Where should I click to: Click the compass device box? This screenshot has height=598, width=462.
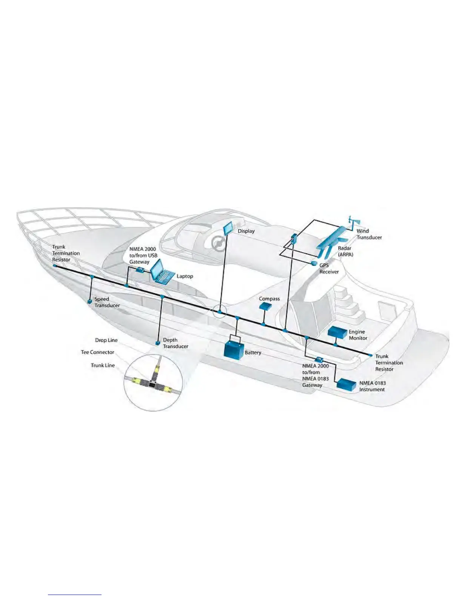(x=265, y=306)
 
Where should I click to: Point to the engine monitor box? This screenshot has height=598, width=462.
(x=337, y=332)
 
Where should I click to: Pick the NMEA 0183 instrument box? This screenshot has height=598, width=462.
(x=346, y=384)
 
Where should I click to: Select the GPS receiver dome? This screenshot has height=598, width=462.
(x=314, y=263)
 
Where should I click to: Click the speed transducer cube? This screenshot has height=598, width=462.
(x=89, y=302)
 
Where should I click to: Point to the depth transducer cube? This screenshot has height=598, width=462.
(x=158, y=343)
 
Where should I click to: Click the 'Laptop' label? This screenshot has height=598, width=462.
(x=185, y=276)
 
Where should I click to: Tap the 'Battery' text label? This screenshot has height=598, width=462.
(x=253, y=353)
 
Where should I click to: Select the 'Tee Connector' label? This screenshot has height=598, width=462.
(x=97, y=352)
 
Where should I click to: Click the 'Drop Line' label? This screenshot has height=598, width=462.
(x=106, y=340)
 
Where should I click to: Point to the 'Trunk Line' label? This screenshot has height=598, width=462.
(x=103, y=365)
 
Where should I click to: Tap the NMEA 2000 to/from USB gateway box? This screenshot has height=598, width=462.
(x=139, y=270)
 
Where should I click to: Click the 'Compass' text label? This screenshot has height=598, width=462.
(x=269, y=299)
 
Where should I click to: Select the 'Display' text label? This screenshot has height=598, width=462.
(x=246, y=231)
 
